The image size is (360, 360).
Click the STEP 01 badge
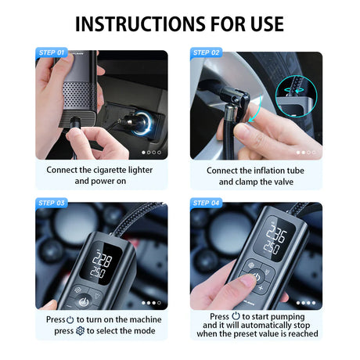click(52, 52)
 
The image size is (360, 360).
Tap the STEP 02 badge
click(206, 52)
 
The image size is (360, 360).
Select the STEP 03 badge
click(52, 203)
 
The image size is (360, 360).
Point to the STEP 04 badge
click(206, 203)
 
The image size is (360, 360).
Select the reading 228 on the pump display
click(102, 260)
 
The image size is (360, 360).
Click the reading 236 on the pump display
click(276, 234)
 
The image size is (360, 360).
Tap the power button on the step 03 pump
click(84, 302)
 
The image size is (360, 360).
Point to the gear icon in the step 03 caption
click(80, 331)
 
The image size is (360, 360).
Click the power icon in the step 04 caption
click(236, 315)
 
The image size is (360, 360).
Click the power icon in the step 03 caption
click(70, 320)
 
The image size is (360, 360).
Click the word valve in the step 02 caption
click(283, 182)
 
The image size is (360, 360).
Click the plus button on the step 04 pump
click(261, 288)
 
